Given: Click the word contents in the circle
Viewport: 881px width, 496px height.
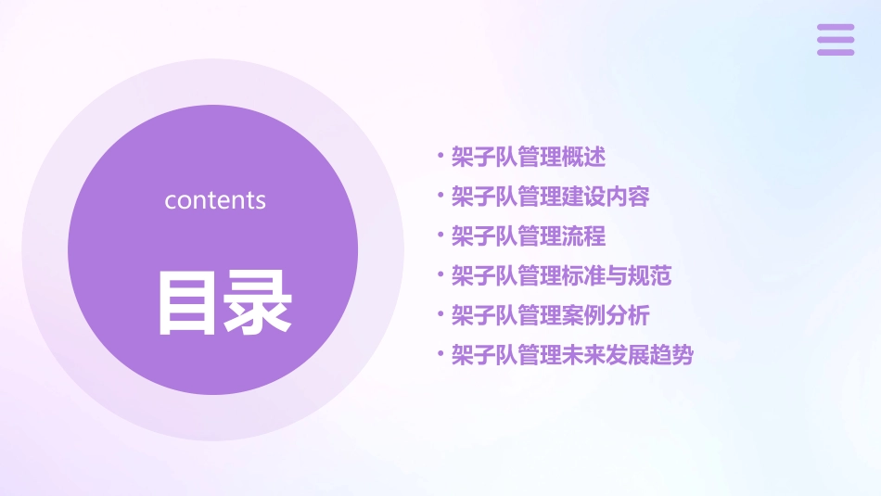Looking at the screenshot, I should [x=215, y=200].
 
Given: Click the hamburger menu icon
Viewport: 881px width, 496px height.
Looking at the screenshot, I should [x=835, y=40].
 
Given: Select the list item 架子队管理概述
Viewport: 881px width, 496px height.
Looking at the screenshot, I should [x=529, y=157].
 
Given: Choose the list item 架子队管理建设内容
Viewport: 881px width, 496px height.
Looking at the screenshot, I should [x=550, y=197].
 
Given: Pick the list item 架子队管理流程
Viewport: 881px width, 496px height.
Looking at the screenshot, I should [x=529, y=236].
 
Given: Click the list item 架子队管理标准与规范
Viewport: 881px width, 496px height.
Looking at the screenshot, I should [x=561, y=275].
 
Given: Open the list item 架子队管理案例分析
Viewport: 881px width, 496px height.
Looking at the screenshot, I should [x=550, y=315].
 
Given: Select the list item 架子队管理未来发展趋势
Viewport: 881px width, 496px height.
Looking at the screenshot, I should [x=572, y=355].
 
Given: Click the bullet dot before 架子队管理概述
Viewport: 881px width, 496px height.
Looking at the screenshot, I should [x=440, y=156].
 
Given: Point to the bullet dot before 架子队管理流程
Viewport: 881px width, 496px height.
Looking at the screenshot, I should [x=440, y=235].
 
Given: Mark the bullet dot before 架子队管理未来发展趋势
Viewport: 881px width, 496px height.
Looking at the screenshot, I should [x=440, y=354].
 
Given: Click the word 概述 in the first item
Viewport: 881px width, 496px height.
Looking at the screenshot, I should [x=584, y=157].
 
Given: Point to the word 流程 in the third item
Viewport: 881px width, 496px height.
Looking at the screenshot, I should [x=584, y=236].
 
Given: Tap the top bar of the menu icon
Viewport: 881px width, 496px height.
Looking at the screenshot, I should [x=835, y=28].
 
